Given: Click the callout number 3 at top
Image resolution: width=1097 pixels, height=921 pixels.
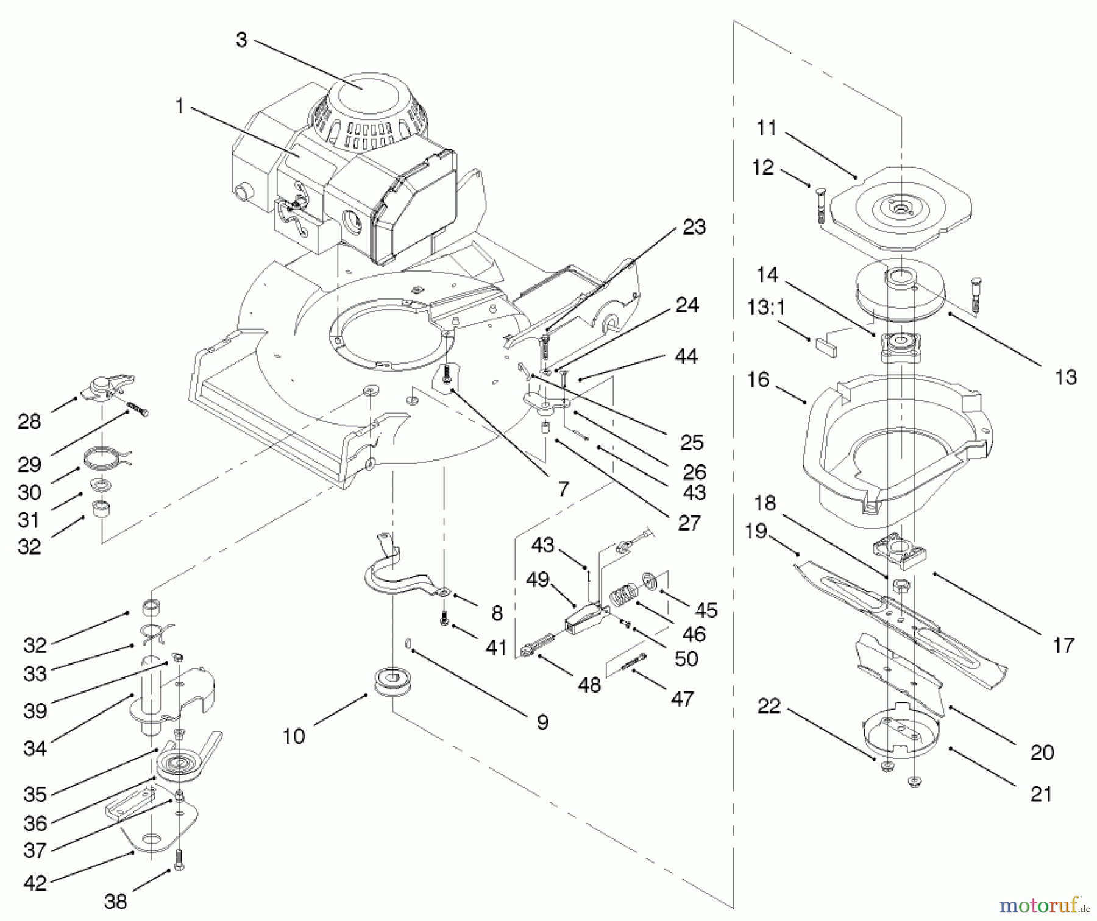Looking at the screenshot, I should pos(241,40).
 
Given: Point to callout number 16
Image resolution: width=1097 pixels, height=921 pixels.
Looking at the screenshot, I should pos(758,379).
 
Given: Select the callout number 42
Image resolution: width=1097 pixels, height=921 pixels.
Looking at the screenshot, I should pos(35,883).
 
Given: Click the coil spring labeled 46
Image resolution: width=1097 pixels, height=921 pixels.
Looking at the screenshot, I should pos(622,595).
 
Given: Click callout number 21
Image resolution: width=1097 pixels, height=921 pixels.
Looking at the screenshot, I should pos(1041,794).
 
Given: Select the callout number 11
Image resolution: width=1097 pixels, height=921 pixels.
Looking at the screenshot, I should pos(767,128).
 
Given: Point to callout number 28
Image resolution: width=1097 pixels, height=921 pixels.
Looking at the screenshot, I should pos(29,422).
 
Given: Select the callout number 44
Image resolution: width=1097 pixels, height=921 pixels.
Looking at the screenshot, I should pos(686,356).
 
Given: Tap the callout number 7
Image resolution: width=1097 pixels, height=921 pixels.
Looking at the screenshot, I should pos(563,489).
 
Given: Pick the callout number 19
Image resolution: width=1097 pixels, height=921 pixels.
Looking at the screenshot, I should pos(756,531).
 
